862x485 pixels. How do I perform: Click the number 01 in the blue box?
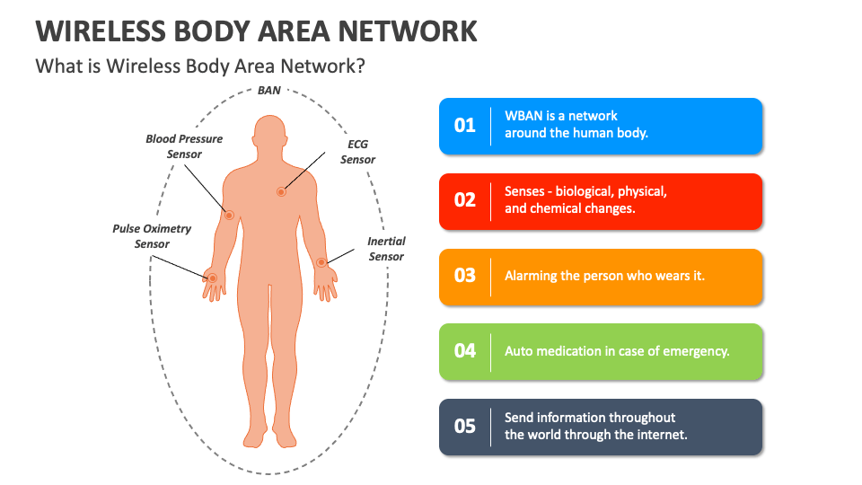[x=464, y=126]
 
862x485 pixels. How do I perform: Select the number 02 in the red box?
[x=464, y=200]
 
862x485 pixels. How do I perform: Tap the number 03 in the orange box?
[x=464, y=276]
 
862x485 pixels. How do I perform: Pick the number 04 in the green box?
[x=464, y=351]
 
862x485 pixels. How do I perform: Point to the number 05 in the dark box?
[x=464, y=426]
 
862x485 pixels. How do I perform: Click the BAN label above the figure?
[x=269, y=90]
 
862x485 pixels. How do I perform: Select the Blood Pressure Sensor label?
[x=184, y=146]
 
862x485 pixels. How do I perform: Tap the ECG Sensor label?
[x=358, y=152]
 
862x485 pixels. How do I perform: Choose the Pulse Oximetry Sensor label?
[x=152, y=236]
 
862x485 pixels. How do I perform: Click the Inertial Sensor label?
[x=386, y=249]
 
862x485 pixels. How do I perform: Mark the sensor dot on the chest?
[x=281, y=192]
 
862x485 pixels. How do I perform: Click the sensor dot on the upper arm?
[x=229, y=215]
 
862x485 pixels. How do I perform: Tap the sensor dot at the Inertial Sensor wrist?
[x=321, y=262]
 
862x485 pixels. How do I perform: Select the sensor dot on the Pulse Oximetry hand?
[x=212, y=278]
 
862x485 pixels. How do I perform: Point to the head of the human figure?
[x=270, y=132]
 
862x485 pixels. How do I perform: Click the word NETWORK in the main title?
[x=408, y=31]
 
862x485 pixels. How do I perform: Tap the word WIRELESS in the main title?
[x=101, y=31]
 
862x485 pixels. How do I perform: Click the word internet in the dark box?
[x=663, y=435]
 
